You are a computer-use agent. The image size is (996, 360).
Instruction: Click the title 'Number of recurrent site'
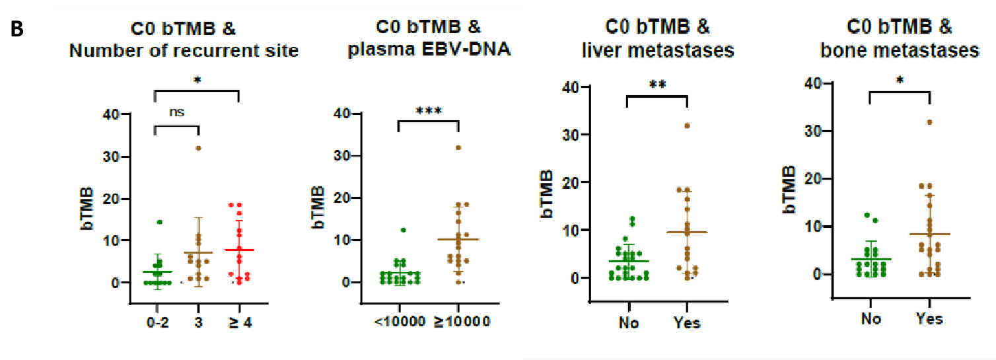pyautogui.click(x=184, y=50)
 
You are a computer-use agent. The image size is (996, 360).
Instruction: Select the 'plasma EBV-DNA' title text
pyautogui.click(x=429, y=50)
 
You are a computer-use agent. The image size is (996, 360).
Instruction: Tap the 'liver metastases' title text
pyautogui.click(x=658, y=50)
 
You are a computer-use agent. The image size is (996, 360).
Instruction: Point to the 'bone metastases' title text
pyautogui.click(x=900, y=50)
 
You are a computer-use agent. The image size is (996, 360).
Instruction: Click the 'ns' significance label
pyautogui.click(x=176, y=112)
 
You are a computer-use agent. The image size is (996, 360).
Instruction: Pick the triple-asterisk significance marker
pyautogui.click(x=428, y=111)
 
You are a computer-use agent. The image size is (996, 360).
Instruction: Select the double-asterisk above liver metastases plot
pyautogui.click(x=657, y=87)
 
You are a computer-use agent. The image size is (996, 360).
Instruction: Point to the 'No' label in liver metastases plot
pyautogui.click(x=627, y=323)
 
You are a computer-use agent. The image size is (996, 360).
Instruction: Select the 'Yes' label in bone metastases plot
pyautogui.click(x=929, y=319)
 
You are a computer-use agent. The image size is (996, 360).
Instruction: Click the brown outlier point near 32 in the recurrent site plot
pyautogui.click(x=197, y=148)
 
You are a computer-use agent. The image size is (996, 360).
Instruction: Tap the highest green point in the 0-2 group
pyautogui.click(x=159, y=222)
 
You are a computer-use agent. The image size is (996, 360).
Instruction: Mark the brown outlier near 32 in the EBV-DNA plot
pyautogui.click(x=458, y=147)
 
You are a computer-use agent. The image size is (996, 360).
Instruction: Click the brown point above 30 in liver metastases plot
pyautogui.click(x=687, y=125)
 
